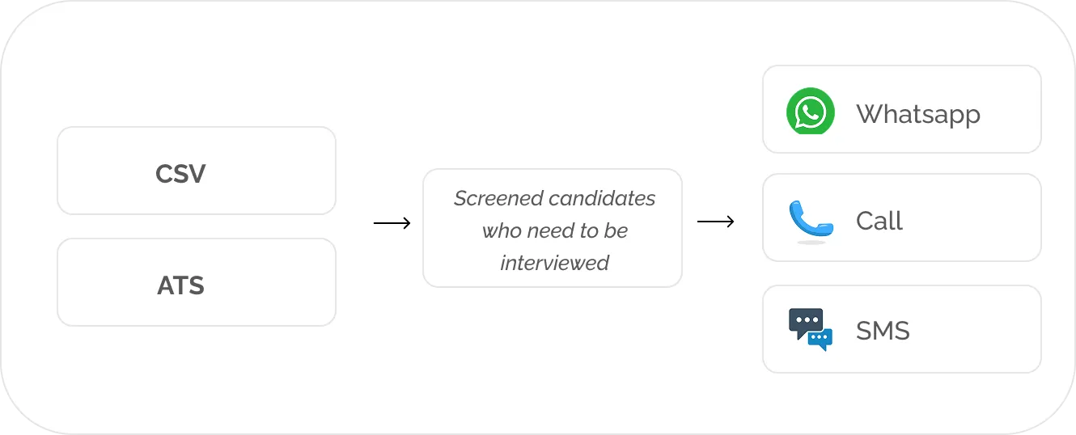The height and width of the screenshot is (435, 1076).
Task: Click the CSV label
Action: point(180,174)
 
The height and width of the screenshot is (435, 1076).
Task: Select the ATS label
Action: point(180,285)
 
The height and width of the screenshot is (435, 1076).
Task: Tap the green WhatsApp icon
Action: point(810,112)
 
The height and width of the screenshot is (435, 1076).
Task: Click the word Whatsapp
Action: point(918,114)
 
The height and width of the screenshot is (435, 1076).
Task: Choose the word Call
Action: point(879,221)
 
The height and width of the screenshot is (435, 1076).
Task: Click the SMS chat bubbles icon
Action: point(810,329)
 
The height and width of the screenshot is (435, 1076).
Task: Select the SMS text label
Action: point(883,331)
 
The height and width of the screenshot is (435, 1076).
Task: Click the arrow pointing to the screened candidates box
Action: point(392,223)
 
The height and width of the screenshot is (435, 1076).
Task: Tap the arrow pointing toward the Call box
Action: point(716,222)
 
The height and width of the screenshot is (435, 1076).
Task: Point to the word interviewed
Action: point(555,263)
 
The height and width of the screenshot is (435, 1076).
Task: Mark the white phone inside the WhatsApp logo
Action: point(810,112)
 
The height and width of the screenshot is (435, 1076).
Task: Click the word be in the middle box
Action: point(616,231)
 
